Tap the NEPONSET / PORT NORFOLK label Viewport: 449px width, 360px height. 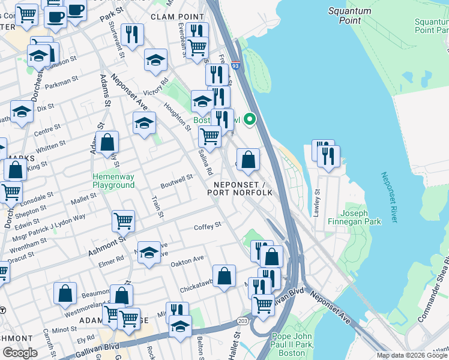click(240, 188)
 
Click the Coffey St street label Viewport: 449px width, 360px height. click(208, 226)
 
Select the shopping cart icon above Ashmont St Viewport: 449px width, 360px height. click(123, 220)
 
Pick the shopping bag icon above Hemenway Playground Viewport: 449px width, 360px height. click(107, 142)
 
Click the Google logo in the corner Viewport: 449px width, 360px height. click(20, 353)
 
